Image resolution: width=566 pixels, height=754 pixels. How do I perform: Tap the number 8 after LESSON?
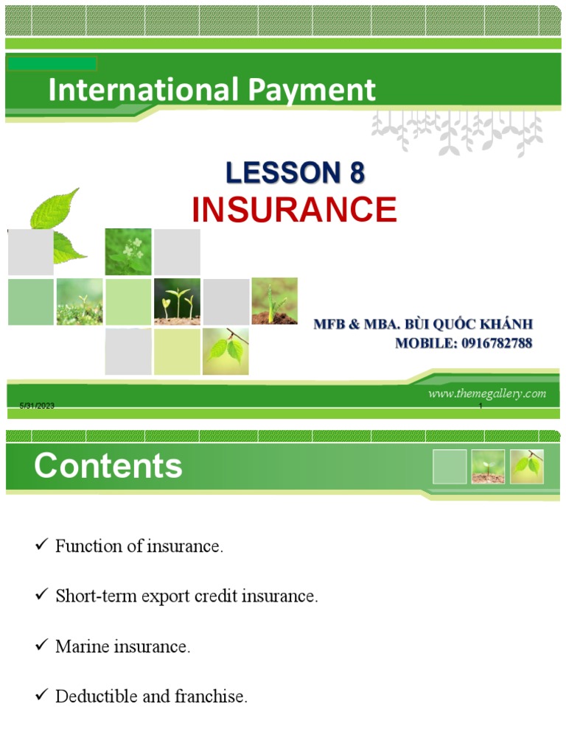coord(352,173)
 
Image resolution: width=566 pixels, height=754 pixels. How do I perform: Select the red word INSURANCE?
coord(294,210)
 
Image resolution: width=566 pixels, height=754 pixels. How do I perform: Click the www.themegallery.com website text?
coord(487,393)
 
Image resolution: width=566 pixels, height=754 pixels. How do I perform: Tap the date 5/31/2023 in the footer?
coord(37,407)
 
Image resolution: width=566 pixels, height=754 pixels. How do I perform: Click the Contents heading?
coord(108,466)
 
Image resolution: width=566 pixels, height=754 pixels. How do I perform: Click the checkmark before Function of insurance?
coord(41,546)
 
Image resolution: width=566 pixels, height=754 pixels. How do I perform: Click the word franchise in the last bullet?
coord(210,697)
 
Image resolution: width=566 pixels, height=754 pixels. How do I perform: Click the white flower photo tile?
coord(128,252)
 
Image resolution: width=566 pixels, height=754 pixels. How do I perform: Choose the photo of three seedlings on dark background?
coord(177,301)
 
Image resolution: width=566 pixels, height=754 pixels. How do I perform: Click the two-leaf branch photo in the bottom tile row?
coord(226,350)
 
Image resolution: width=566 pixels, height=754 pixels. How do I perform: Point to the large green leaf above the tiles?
coord(55,210)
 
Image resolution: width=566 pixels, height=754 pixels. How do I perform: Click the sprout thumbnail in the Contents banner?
coord(488,466)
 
